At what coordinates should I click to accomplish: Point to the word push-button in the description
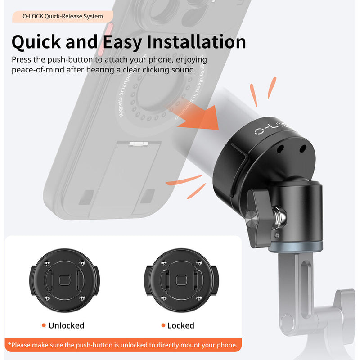(x=73, y=60)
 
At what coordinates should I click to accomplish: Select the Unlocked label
(x=66, y=325)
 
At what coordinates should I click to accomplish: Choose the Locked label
(x=180, y=325)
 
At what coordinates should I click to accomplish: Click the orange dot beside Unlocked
(x=44, y=325)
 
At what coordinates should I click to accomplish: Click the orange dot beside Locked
(x=163, y=325)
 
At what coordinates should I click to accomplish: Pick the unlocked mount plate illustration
(x=63, y=281)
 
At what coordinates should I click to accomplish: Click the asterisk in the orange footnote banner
(x=9, y=345)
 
